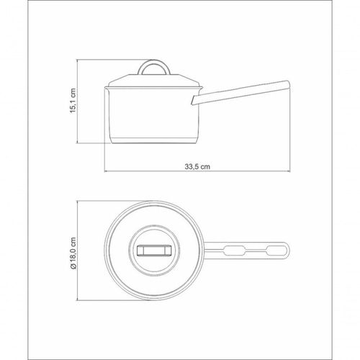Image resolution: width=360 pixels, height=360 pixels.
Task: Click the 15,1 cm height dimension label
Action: coord(73,101)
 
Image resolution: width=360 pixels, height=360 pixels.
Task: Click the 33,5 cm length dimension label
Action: coord(197,166)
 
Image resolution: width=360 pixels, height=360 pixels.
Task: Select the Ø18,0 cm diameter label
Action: coord(73,253)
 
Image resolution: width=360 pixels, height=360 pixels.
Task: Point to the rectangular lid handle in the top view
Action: coord(154,251)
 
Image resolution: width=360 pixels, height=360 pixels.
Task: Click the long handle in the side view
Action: coord(240,93)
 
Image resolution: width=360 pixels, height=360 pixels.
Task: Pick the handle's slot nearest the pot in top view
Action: coord(234,251)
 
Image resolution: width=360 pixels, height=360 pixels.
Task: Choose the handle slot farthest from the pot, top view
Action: coord(276,251)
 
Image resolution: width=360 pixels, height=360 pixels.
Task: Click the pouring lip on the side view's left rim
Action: coord(106,89)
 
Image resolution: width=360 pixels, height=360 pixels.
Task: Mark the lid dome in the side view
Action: coord(154,81)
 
